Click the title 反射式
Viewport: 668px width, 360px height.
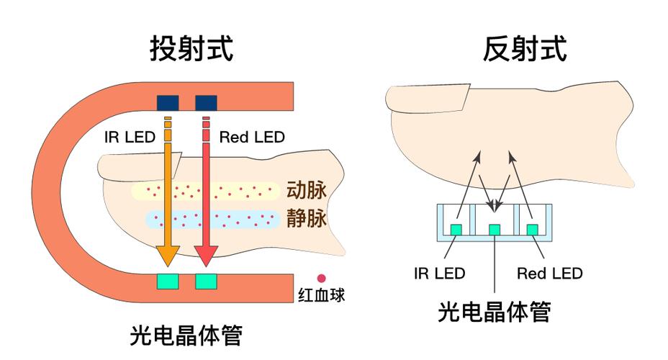coord(524,49)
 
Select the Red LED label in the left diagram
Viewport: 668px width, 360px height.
coord(252,137)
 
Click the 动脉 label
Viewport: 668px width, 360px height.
coord(307,191)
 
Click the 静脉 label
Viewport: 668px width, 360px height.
coord(307,219)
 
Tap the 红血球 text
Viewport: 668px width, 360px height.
coord(322,294)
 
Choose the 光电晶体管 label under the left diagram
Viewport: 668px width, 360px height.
coord(186,335)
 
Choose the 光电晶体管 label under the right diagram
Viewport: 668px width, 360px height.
coord(495,312)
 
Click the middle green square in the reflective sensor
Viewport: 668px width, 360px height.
coord(495,229)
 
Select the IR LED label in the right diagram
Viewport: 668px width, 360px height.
coord(440,274)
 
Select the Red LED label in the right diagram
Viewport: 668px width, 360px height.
coord(550,274)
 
